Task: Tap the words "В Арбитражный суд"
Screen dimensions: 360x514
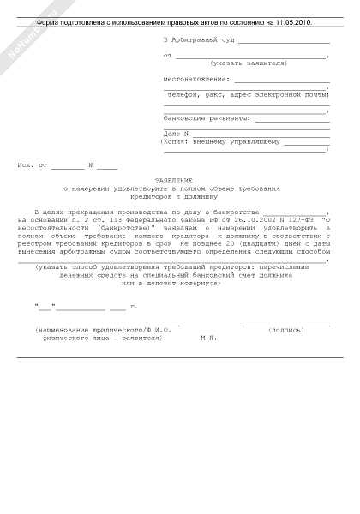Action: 196,40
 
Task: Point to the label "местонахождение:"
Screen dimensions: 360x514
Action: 196,79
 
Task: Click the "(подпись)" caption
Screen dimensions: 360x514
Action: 286,330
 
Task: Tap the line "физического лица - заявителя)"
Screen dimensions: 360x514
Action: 103,338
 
